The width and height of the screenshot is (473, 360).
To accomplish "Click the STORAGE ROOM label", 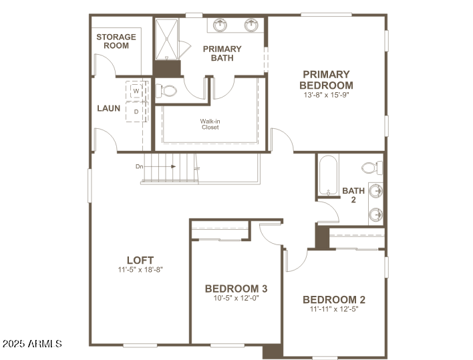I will [x=116, y=41].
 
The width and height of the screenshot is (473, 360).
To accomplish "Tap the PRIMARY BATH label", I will [x=222, y=53].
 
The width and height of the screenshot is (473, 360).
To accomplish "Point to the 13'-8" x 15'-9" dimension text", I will [x=326, y=95].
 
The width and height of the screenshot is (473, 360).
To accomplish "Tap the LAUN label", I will [x=108, y=108].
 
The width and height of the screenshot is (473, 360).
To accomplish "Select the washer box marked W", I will [x=136, y=90].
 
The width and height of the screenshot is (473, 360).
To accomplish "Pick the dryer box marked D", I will [x=136, y=112].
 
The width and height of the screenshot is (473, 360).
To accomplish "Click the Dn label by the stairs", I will [x=139, y=166].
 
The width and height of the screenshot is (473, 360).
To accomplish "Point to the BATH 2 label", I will [x=353, y=195].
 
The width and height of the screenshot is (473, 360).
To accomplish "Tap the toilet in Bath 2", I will [x=369, y=167].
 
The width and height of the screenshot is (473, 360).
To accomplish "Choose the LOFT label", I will [x=140, y=260].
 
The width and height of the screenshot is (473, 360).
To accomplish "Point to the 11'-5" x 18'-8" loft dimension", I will [x=140, y=270].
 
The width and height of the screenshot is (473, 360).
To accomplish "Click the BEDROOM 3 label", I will [x=236, y=289].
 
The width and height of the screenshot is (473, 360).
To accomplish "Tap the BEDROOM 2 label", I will [x=333, y=300].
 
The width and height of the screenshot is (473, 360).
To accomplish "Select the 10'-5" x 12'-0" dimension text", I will [x=236, y=299].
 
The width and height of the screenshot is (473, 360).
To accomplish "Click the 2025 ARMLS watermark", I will [x=31, y=343].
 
